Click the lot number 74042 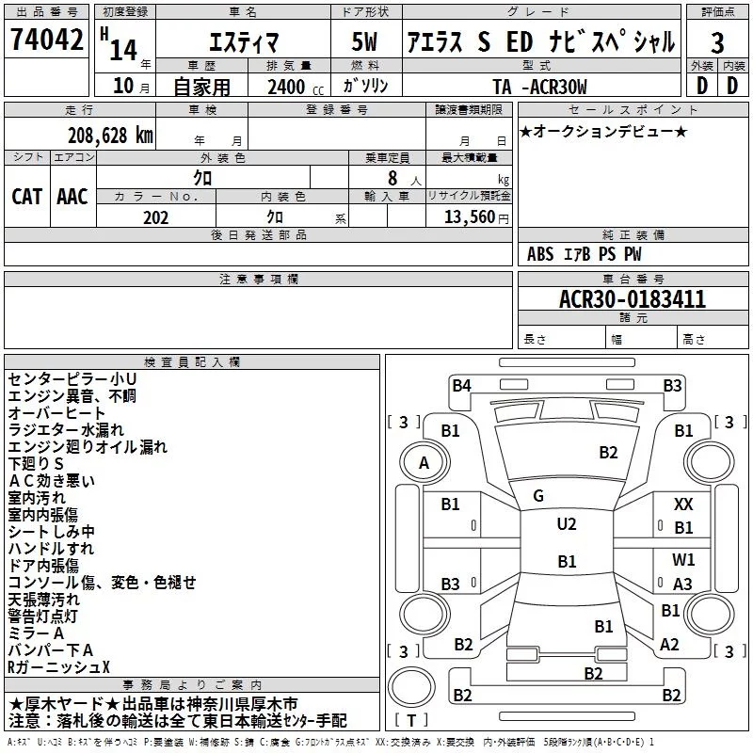pyautogui.click(x=46, y=39)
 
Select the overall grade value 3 pyautogui.click(x=717, y=43)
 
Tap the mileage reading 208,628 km pyautogui.click(x=110, y=136)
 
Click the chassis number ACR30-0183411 pyautogui.click(x=633, y=299)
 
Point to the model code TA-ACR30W pyautogui.click(x=539, y=87)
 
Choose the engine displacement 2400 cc pyautogui.click(x=296, y=87)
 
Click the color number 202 pyautogui.click(x=156, y=217)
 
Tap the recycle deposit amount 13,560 pyautogui.click(x=470, y=217)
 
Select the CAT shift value pyautogui.click(x=27, y=197)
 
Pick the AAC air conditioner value pyautogui.click(x=72, y=197)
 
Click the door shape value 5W pyautogui.click(x=364, y=41)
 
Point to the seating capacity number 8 pyautogui.click(x=393, y=178)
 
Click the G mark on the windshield pyautogui.click(x=538, y=495)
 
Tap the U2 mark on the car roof pyautogui.click(x=567, y=523)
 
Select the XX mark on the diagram pyautogui.click(x=683, y=505)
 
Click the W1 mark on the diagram pyautogui.click(x=683, y=559)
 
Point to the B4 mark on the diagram pyautogui.click(x=461, y=386)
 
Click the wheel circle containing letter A pyautogui.click(x=425, y=463)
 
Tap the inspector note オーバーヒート pyautogui.click(x=56, y=412)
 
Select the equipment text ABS pyautogui.click(x=540, y=254)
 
